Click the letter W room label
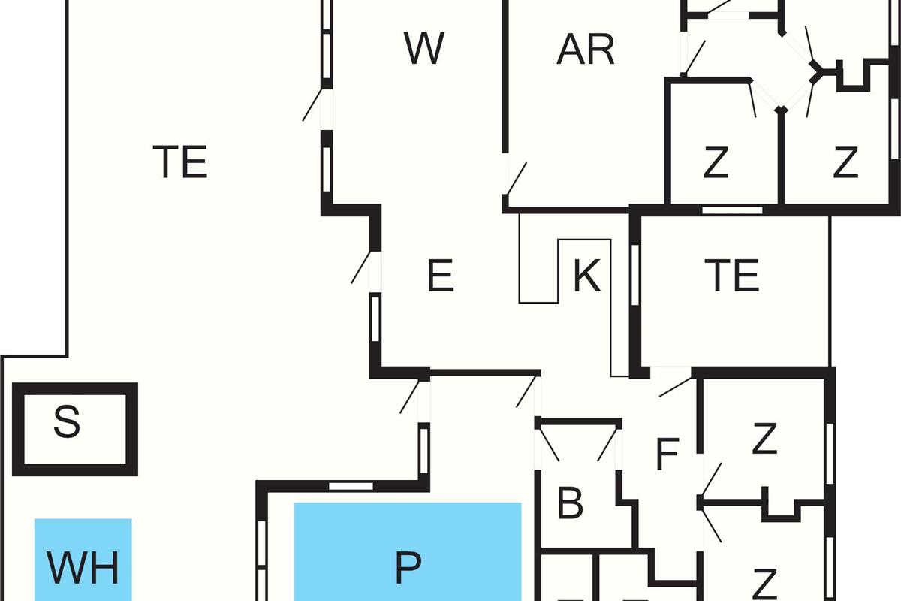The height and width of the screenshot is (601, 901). click(424, 48)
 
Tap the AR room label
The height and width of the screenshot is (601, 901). click(586, 50)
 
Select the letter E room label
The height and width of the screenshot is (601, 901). click(441, 276)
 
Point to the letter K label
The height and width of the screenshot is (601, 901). click(587, 276)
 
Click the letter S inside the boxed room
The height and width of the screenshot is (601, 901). click(67, 421)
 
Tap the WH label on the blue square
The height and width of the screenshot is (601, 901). click(83, 568)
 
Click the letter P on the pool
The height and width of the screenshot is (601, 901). click(408, 568)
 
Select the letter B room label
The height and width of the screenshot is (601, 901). click(570, 503)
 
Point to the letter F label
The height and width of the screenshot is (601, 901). click(667, 454)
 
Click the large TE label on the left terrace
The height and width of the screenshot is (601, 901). click(180, 162)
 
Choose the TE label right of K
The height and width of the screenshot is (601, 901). click(732, 276)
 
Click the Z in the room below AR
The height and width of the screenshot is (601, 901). click(716, 162)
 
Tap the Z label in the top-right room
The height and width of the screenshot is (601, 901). click(845, 162)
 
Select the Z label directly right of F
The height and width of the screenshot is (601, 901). click(764, 438)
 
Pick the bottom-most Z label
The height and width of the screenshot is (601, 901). click(764, 584)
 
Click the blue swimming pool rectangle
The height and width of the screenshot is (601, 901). click(408, 551)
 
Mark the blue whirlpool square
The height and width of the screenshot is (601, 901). click(83, 560)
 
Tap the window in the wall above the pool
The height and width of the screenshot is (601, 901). click(351, 486)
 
